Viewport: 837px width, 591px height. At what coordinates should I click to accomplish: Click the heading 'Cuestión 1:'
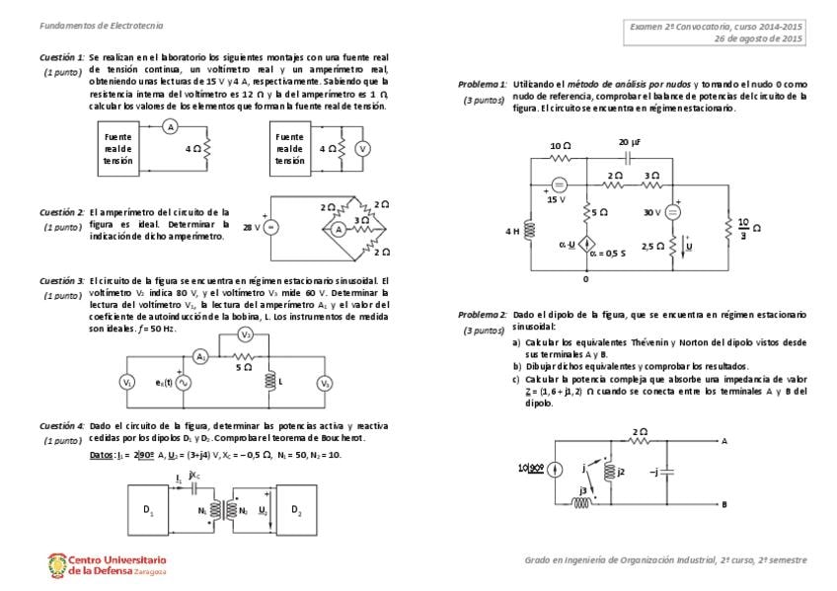tap(62, 58)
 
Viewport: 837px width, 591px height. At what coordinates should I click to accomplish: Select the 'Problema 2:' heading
tap(482, 315)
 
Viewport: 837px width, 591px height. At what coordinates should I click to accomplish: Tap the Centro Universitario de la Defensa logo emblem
tap(57, 564)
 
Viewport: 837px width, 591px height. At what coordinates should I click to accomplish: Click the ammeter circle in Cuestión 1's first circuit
tap(169, 127)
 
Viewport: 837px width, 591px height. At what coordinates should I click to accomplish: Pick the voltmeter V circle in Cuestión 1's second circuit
tap(362, 148)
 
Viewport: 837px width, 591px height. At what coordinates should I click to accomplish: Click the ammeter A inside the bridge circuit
tap(337, 228)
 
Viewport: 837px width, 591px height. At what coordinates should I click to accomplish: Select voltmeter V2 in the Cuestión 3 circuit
tap(246, 334)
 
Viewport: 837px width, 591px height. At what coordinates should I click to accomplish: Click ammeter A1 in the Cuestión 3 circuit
tap(200, 356)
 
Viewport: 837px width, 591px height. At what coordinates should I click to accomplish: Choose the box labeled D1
tap(149, 510)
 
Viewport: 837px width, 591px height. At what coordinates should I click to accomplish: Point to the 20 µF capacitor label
tap(631, 143)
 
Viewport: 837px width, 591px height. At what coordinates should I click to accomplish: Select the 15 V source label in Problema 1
tap(557, 199)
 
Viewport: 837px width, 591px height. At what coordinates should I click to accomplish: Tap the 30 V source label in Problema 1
tap(651, 212)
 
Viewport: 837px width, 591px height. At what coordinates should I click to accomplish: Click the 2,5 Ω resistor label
tap(652, 246)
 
